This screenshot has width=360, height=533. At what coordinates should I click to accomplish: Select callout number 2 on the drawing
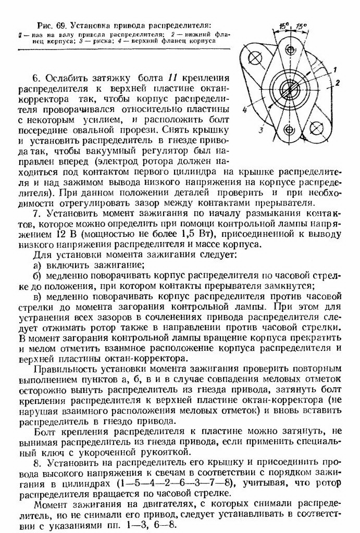pyautogui.click(x=338, y=83)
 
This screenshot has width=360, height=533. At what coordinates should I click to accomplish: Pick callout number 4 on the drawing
pyautogui.click(x=244, y=109)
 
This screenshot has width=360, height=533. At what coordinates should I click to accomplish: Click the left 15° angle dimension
pyautogui.click(x=283, y=26)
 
